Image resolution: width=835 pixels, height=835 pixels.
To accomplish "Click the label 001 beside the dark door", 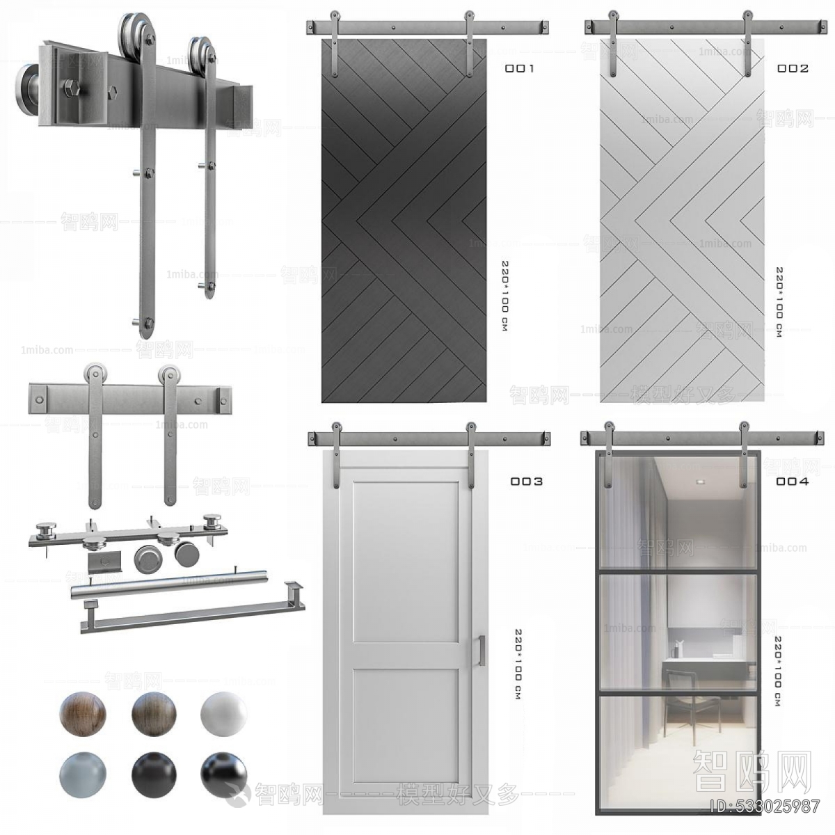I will pos(519,68).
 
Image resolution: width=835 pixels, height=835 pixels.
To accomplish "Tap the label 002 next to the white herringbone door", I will pos(793,68).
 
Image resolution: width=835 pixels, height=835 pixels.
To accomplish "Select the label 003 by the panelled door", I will pos(526,482).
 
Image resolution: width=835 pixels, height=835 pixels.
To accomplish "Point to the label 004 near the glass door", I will pos(793,482).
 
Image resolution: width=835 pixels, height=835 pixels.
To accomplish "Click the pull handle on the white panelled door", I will pos(481,651).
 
